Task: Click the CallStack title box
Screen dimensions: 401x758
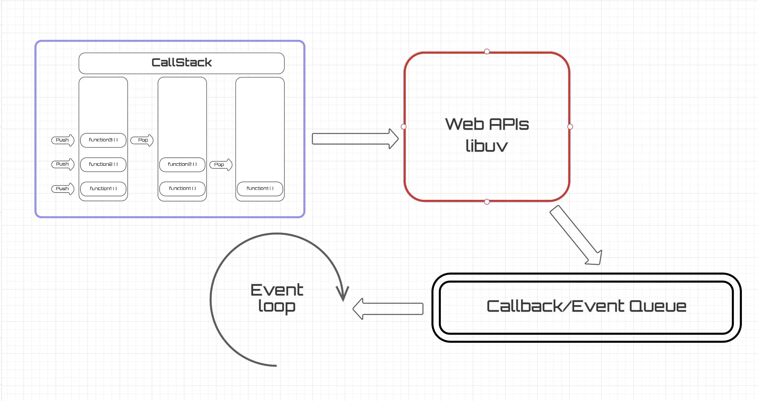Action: pos(181,63)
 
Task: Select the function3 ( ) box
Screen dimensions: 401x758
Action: pos(103,140)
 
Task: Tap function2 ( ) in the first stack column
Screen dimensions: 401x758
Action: pos(103,165)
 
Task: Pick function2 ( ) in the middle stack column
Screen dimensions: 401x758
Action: pos(182,165)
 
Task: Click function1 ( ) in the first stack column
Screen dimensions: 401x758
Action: pos(103,189)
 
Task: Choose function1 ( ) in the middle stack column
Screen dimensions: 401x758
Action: pos(182,189)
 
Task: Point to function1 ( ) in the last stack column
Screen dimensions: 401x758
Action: pos(260,189)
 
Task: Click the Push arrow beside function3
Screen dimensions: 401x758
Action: pos(63,140)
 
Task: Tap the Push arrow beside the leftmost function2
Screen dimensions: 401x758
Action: pos(63,164)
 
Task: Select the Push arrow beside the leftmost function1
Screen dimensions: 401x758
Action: pos(63,189)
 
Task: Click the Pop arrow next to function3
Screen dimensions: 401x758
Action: pos(142,140)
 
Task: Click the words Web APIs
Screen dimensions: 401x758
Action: pos(487,124)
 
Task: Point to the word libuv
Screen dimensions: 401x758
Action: pos(486,146)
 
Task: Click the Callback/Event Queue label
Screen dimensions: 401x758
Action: pos(586,306)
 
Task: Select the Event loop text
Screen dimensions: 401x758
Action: pos(277,298)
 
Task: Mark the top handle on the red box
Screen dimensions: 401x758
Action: pos(487,51)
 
